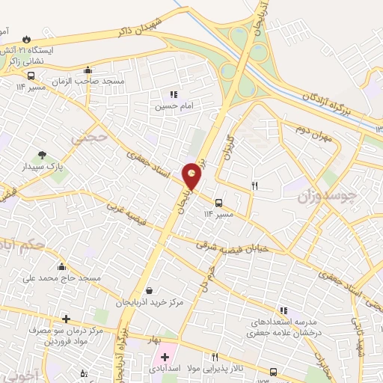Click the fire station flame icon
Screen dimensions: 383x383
click(x=28, y=38)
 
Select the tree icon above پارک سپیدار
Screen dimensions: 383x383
click(x=42, y=154)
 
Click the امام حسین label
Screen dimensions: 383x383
click(x=174, y=107)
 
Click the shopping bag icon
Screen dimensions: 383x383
click(x=150, y=290)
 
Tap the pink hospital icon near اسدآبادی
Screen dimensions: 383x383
click(x=165, y=358)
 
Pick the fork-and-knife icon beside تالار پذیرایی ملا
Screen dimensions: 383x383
click(x=215, y=358)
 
